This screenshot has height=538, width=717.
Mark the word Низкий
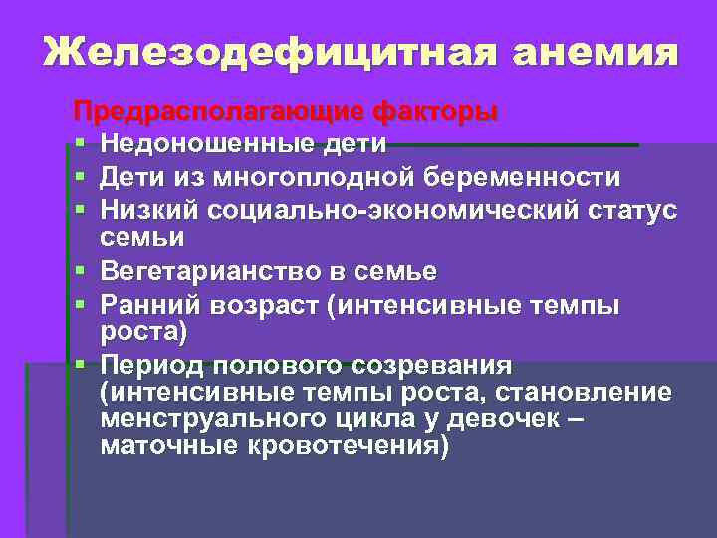tap(148, 211)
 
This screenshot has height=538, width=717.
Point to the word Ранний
tap(150, 304)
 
